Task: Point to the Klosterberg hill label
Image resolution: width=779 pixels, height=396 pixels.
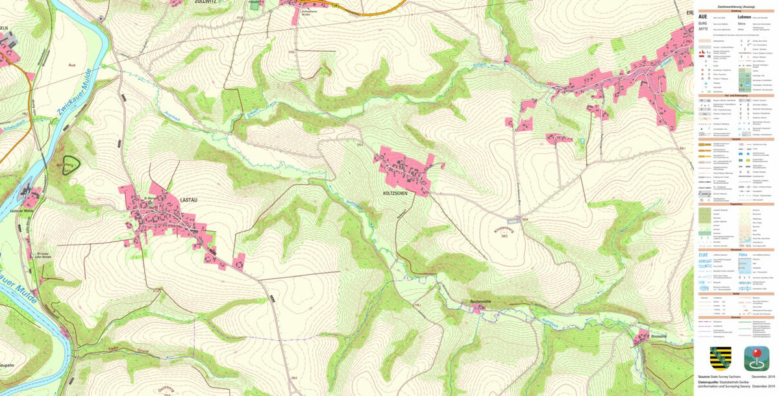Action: click(504, 230)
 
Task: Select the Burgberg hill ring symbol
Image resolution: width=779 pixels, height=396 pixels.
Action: click(69, 164)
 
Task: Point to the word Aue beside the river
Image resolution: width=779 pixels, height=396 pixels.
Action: click(72, 66)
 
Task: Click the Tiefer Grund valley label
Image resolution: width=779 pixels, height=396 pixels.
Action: click(119, 351)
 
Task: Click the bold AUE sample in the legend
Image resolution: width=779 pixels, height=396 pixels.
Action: click(703, 17)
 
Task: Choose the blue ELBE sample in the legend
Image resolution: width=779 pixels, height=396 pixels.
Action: click(704, 254)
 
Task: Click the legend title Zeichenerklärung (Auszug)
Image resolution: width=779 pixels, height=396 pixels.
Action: click(735, 5)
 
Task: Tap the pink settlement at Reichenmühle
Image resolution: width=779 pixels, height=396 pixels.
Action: click(478, 310)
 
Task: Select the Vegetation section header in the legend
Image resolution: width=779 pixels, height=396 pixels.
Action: click(735, 203)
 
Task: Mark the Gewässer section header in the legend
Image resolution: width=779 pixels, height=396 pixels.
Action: click(735, 249)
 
